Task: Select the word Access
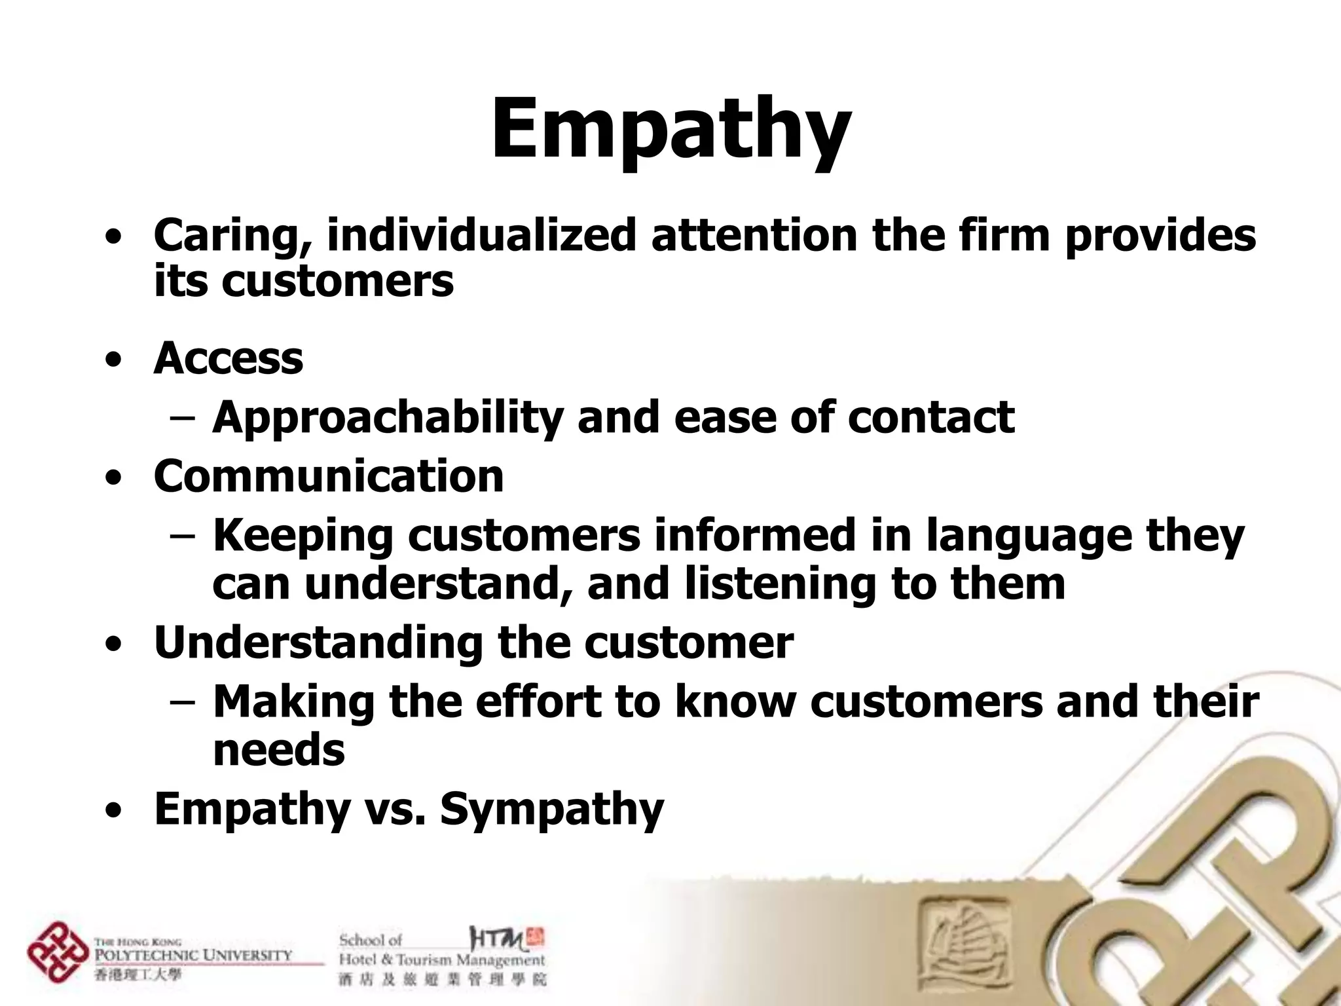pos(229,358)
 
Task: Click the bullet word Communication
pos(329,476)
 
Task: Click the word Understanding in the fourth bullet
pos(318,643)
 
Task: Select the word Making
pos(294,701)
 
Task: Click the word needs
pos(279,750)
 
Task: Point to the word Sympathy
pos(552,810)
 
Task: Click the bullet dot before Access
pos(114,360)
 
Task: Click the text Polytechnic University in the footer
pos(193,955)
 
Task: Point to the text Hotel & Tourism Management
pos(441,960)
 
